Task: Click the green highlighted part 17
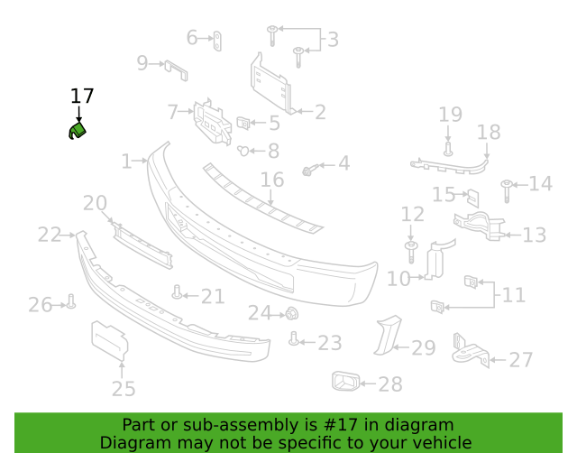(x=78, y=131)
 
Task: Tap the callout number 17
(x=82, y=97)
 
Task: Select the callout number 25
(x=124, y=389)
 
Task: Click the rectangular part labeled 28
(x=345, y=381)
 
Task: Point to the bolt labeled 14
(x=507, y=190)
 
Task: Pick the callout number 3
(x=333, y=40)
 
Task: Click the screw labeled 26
(x=71, y=301)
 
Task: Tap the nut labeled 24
(x=292, y=313)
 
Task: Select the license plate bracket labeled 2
(x=271, y=84)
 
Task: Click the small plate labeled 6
(x=217, y=41)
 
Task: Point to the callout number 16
(x=272, y=180)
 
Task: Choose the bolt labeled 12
(x=411, y=252)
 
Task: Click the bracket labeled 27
(x=471, y=352)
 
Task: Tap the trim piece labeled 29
(x=387, y=336)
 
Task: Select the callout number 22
(x=50, y=235)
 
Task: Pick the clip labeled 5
(x=243, y=123)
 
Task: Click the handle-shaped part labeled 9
(x=176, y=70)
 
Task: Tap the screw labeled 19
(x=448, y=149)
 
